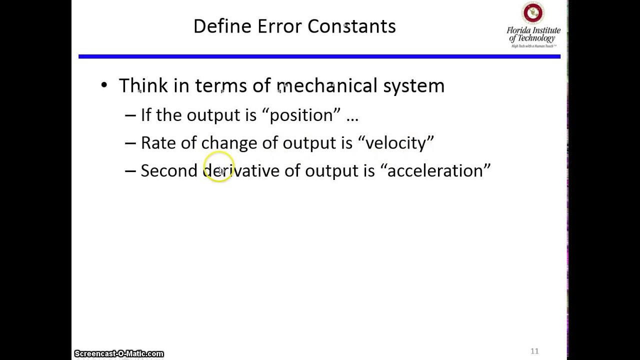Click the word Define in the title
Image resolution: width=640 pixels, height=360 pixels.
(222, 26)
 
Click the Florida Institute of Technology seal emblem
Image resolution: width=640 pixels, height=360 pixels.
(532, 13)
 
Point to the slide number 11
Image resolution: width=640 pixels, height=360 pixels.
(534, 351)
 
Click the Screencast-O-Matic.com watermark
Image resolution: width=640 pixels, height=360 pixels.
(119, 354)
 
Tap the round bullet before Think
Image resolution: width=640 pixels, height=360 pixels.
(104, 85)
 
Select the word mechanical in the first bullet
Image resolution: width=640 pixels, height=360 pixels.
(327, 85)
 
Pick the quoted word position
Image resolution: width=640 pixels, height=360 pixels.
(301, 115)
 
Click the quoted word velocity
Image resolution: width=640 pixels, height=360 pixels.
(395, 143)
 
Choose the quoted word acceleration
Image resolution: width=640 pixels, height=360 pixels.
(435, 171)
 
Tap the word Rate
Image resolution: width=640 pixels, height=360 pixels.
(158, 143)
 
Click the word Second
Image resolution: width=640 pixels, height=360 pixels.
(169, 171)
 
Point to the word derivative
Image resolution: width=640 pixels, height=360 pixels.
(241, 171)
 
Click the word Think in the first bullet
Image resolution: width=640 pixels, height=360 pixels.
(143, 85)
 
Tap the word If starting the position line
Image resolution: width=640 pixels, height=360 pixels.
(146, 115)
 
